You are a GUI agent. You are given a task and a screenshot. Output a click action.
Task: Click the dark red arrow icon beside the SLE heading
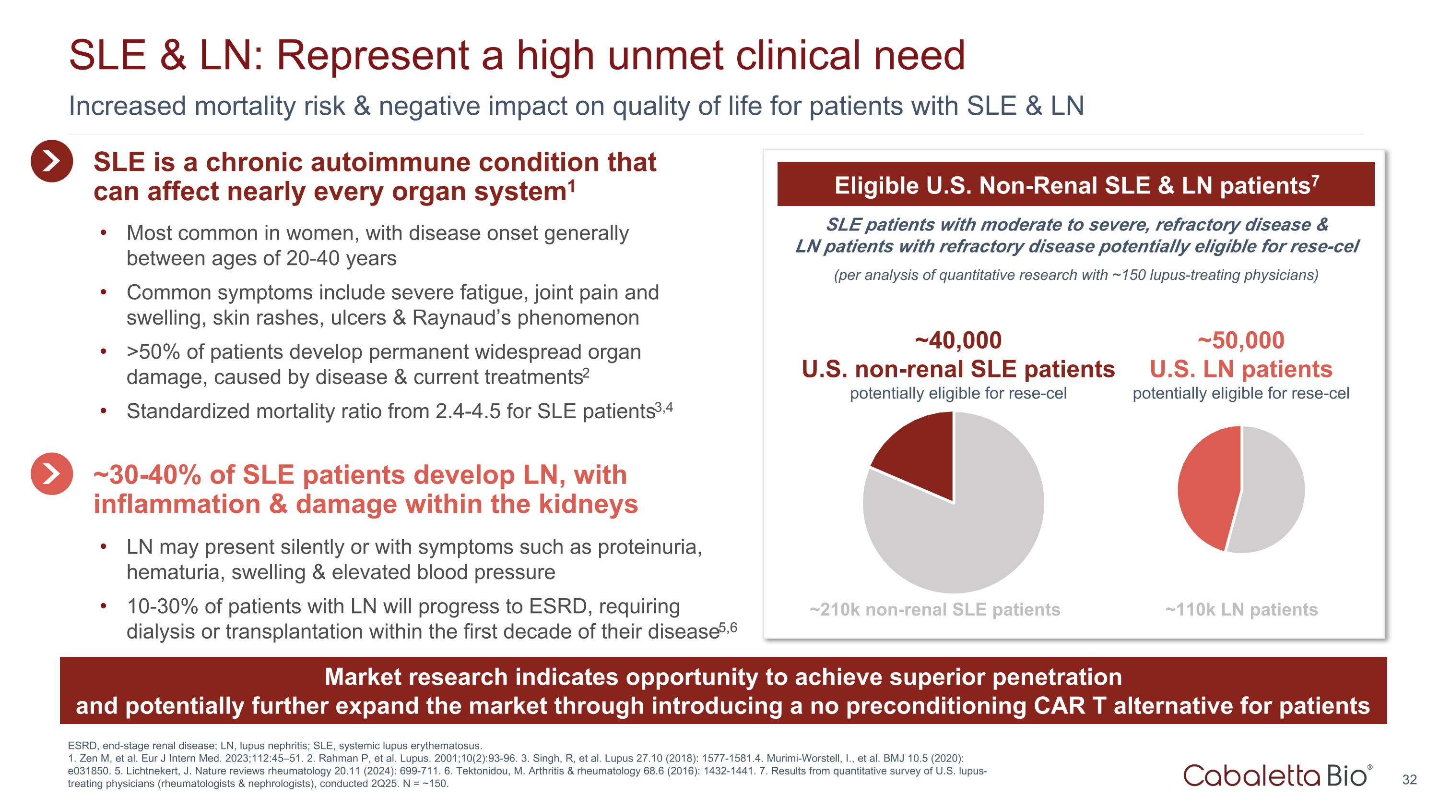point(51,161)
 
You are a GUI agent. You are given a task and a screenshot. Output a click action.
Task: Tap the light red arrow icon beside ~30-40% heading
point(51,473)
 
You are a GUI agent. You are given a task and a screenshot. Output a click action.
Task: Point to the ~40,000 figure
point(958,340)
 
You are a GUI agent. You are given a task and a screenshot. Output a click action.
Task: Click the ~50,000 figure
point(1241,340)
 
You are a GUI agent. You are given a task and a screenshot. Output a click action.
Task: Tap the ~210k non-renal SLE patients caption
point(934,609)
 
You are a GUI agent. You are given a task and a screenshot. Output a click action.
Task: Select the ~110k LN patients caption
point(1241,609)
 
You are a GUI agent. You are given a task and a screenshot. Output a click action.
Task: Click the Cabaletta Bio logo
point(1277,775)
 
